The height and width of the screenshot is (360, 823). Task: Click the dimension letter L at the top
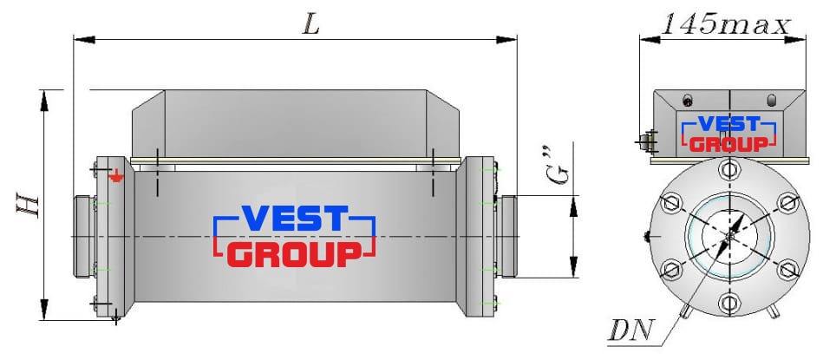(310, 24)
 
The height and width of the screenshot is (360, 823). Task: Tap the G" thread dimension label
(560, 169)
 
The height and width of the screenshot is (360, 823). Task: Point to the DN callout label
(630, 331)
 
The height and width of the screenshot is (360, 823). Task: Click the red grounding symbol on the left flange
(116, 177)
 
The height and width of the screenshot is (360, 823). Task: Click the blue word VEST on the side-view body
(295, 219)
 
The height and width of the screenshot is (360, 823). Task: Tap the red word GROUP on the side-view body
(295, 254)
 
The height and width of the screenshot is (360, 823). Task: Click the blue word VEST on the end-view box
(729, 124)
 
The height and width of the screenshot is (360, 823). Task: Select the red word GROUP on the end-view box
(728, 144)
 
